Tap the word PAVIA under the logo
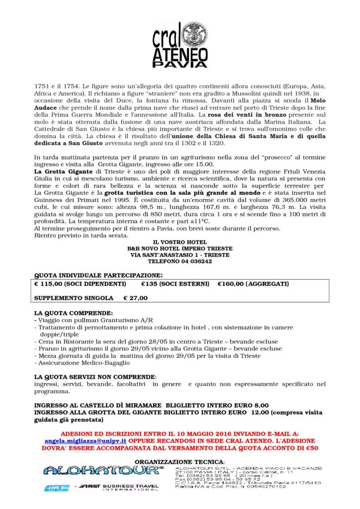(180, 64)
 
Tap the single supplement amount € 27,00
(136, 298)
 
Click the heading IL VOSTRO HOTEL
(180, 242)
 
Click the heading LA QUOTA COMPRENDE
(73, 314)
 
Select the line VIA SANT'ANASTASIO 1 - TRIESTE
(180, 255)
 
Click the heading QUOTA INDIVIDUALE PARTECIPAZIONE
(98, 275)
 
